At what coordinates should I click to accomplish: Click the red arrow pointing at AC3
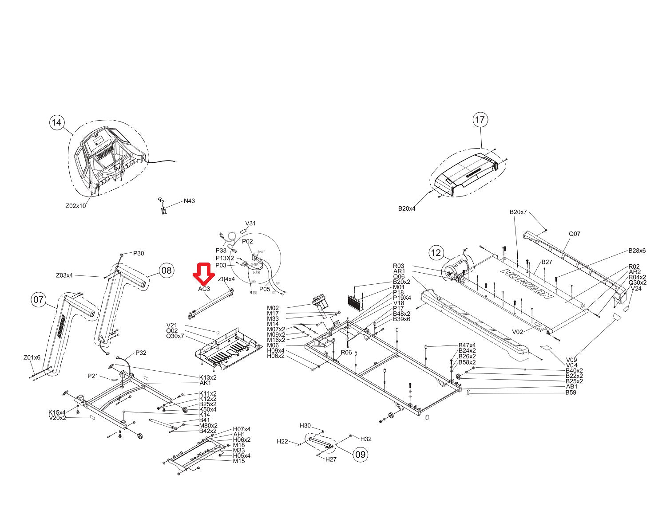pos(204,274)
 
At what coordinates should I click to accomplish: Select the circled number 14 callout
pos(57,122)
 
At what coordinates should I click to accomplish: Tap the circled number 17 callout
pos(480,120)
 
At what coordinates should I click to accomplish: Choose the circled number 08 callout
pos(166,270)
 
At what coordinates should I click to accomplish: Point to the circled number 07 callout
pos(39,300)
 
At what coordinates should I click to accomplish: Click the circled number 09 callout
pos(361,454)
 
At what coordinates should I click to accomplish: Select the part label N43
pos(189,201)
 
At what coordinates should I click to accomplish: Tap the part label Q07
pos(575,234)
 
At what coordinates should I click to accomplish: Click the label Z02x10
pos(75,206)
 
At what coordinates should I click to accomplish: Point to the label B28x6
pos(637,251)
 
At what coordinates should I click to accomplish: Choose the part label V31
pos(250,224)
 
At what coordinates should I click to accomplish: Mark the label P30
pos(139,253)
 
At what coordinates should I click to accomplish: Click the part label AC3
pos(204,289)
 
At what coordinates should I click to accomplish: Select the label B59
pos(571,392)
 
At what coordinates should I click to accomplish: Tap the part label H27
pos(331,459)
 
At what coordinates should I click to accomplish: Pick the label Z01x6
pos(32,357)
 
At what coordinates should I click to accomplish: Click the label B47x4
pos(467,345)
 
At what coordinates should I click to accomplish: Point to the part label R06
pos(346,353)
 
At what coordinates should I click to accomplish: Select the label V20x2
pos(57,418)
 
